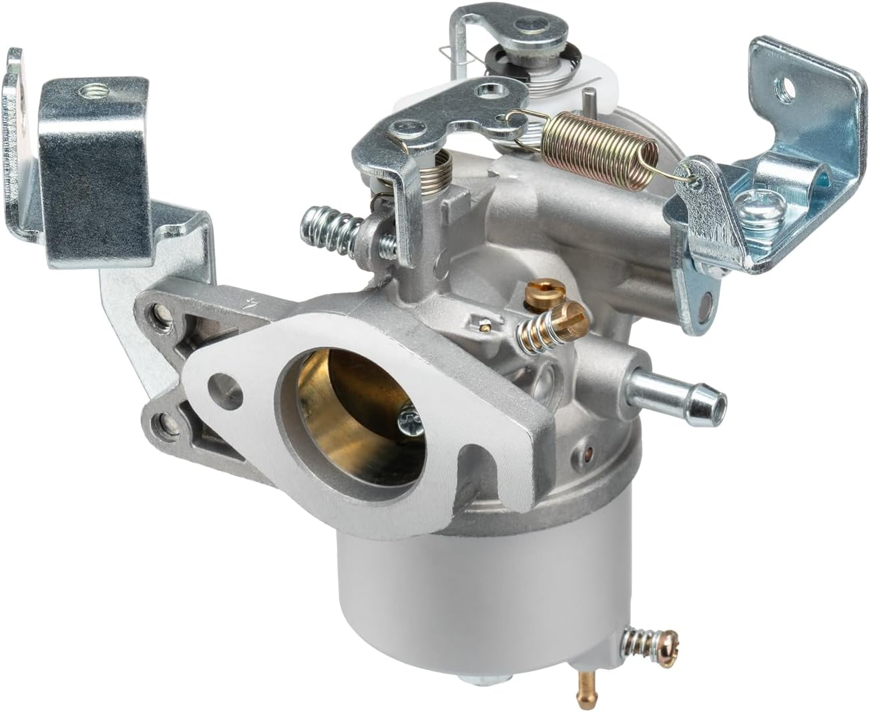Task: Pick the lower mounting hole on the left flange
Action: click(162, 422)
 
